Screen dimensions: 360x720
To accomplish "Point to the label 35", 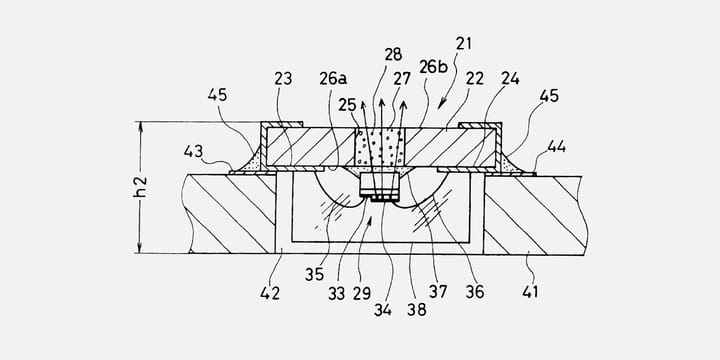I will point(314,271).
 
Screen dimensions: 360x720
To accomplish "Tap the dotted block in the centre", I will point(380,147).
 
